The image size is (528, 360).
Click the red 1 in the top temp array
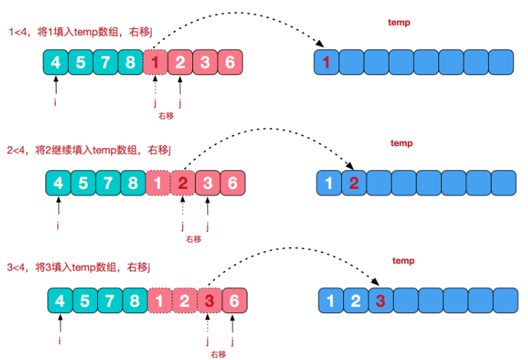[326, 63]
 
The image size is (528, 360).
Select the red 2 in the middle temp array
[354, 183]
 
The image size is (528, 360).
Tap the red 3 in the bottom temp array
[381, 301]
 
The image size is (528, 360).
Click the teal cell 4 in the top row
[56, 63]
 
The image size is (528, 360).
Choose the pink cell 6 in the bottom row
[234, 301]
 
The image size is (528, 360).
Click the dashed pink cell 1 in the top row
[155, 63]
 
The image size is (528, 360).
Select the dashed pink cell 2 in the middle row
[183, 183]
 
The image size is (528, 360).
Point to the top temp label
[399, 23]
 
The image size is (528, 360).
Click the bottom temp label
[403, 261]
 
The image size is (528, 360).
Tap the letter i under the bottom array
[61, 339]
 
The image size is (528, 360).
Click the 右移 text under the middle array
[192, 239]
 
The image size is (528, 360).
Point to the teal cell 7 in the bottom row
[110, 301]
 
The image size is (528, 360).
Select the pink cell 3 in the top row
[205, 63]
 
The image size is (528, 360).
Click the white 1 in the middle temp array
[329, 183]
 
